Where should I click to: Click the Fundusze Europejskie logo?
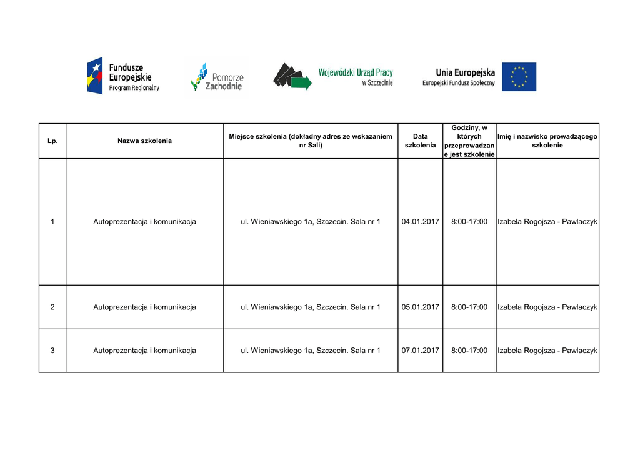pos(123,76)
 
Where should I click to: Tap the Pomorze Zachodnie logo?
pos(216,77)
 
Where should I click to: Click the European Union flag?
pos(519,77)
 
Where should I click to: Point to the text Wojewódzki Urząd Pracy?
pos(356,73)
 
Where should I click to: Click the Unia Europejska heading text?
pos(465,72)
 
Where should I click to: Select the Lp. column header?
pos(52,141)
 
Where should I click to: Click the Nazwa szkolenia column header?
pos(144,141)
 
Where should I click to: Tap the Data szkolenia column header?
pos(421,141)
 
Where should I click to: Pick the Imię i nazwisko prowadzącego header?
pos(547,141)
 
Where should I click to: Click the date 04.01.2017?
pos(421,222)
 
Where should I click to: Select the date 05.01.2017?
pos(421,307)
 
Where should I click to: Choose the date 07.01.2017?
pos(421,351)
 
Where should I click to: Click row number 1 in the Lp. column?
pos(52,222)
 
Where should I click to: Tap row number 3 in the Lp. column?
pos(52,351)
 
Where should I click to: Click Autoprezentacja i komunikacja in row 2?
pos(144,307)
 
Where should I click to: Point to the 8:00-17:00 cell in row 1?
pos(469,222)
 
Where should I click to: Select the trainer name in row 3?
pos(547,351)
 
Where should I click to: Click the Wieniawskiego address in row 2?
pos(311,307)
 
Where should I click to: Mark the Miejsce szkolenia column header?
pos(311,141)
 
